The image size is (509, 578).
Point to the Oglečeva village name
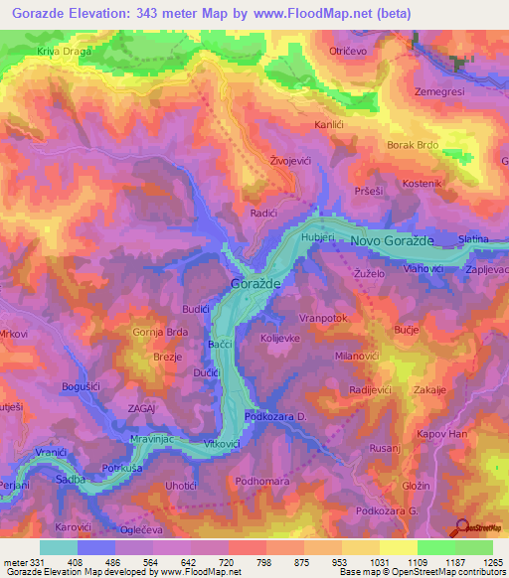(140, 528)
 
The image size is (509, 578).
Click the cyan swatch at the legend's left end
(59, 547)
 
